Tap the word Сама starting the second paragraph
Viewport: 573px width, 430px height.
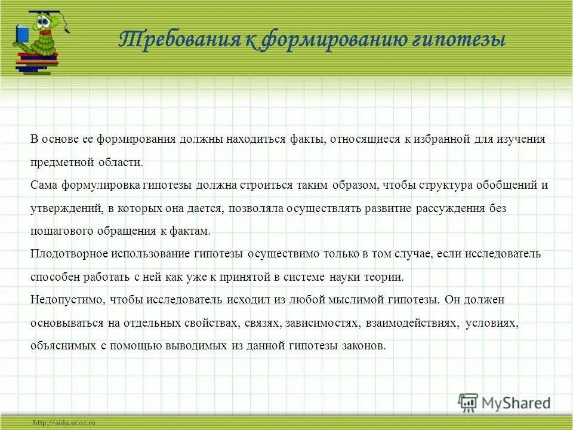coord(44,185)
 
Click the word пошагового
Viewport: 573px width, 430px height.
coord(60,231)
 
